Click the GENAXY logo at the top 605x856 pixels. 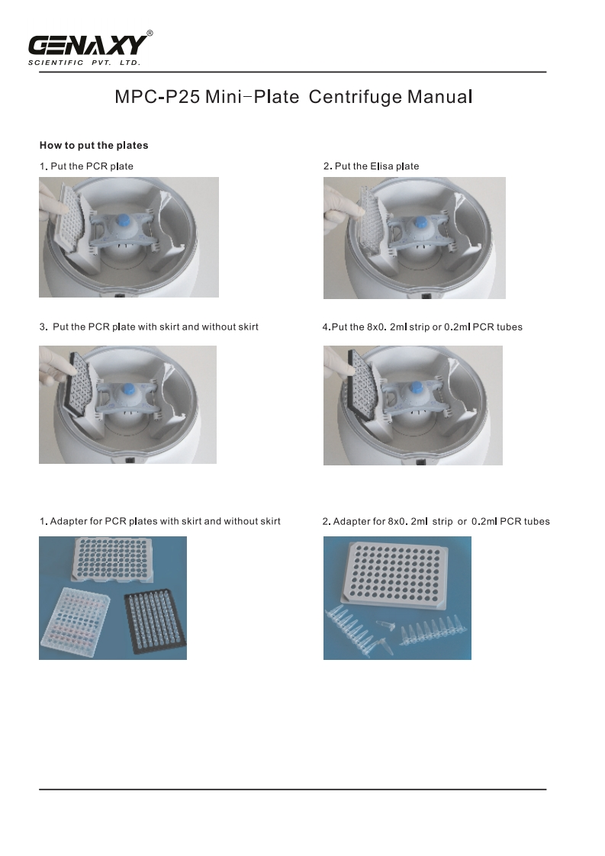tap(88, 46)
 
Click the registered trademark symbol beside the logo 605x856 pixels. tap(150, 34)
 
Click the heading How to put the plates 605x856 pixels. tap(94, 145)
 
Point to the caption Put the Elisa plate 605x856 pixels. tap(377, 166)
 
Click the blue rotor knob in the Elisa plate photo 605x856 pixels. tap(420, 223)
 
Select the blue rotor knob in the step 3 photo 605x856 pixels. tap(129, 389)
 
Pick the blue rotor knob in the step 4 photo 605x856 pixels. tap(416, 388)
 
